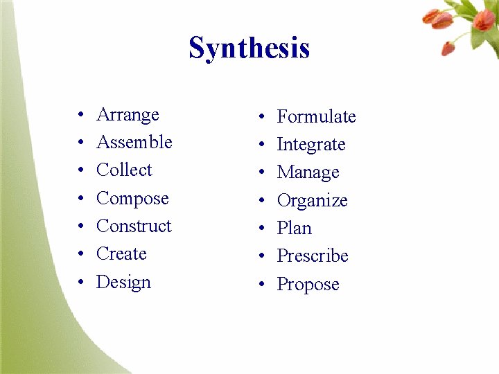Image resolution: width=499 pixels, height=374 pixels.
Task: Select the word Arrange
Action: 128,115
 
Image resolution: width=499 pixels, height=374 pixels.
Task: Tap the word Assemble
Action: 134,142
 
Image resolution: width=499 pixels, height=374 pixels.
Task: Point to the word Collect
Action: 124,170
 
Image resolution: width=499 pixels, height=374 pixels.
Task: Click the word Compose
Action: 132,199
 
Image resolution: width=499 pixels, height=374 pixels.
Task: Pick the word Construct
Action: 134,226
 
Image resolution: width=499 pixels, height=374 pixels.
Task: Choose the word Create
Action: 121,253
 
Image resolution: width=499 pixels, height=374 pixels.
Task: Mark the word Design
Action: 123,283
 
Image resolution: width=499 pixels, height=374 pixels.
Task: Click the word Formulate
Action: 316,117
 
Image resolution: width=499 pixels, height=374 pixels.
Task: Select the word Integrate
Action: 311,145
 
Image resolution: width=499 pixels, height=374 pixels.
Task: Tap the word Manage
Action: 308,172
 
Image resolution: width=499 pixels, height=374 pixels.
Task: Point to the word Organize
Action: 312,201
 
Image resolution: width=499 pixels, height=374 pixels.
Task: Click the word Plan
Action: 294,228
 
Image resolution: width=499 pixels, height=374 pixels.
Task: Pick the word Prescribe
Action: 313,256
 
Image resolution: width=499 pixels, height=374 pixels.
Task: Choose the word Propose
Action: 308,285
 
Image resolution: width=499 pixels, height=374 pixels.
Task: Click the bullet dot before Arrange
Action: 81,115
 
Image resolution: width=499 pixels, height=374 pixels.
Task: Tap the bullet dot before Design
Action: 81,283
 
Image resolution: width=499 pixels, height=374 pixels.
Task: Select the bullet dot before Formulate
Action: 261,117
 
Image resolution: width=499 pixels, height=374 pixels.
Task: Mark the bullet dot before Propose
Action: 261,285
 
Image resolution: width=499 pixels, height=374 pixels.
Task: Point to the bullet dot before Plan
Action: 261,229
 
